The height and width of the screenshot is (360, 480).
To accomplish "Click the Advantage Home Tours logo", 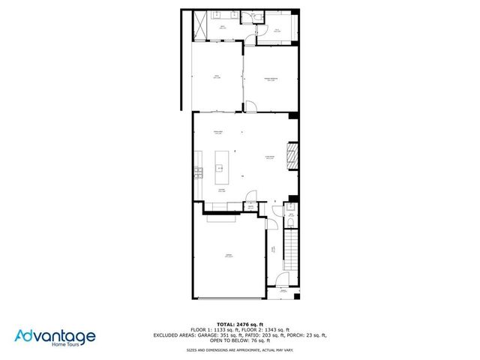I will tap(55, 337).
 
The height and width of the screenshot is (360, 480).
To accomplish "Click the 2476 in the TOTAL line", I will tap(245, 323).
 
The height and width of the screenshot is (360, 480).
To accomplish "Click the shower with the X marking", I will tap(201, 27).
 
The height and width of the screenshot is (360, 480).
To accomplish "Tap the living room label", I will tap(268, 157).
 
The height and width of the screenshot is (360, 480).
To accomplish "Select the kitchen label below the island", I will tap(222, 192).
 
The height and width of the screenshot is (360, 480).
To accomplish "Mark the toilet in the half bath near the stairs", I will tap(292, 220).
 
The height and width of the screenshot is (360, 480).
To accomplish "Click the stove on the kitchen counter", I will tap(199, 172).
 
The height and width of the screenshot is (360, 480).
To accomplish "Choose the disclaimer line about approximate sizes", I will tap(239, 349).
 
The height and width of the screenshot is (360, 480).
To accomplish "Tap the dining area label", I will tap(219, 133).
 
